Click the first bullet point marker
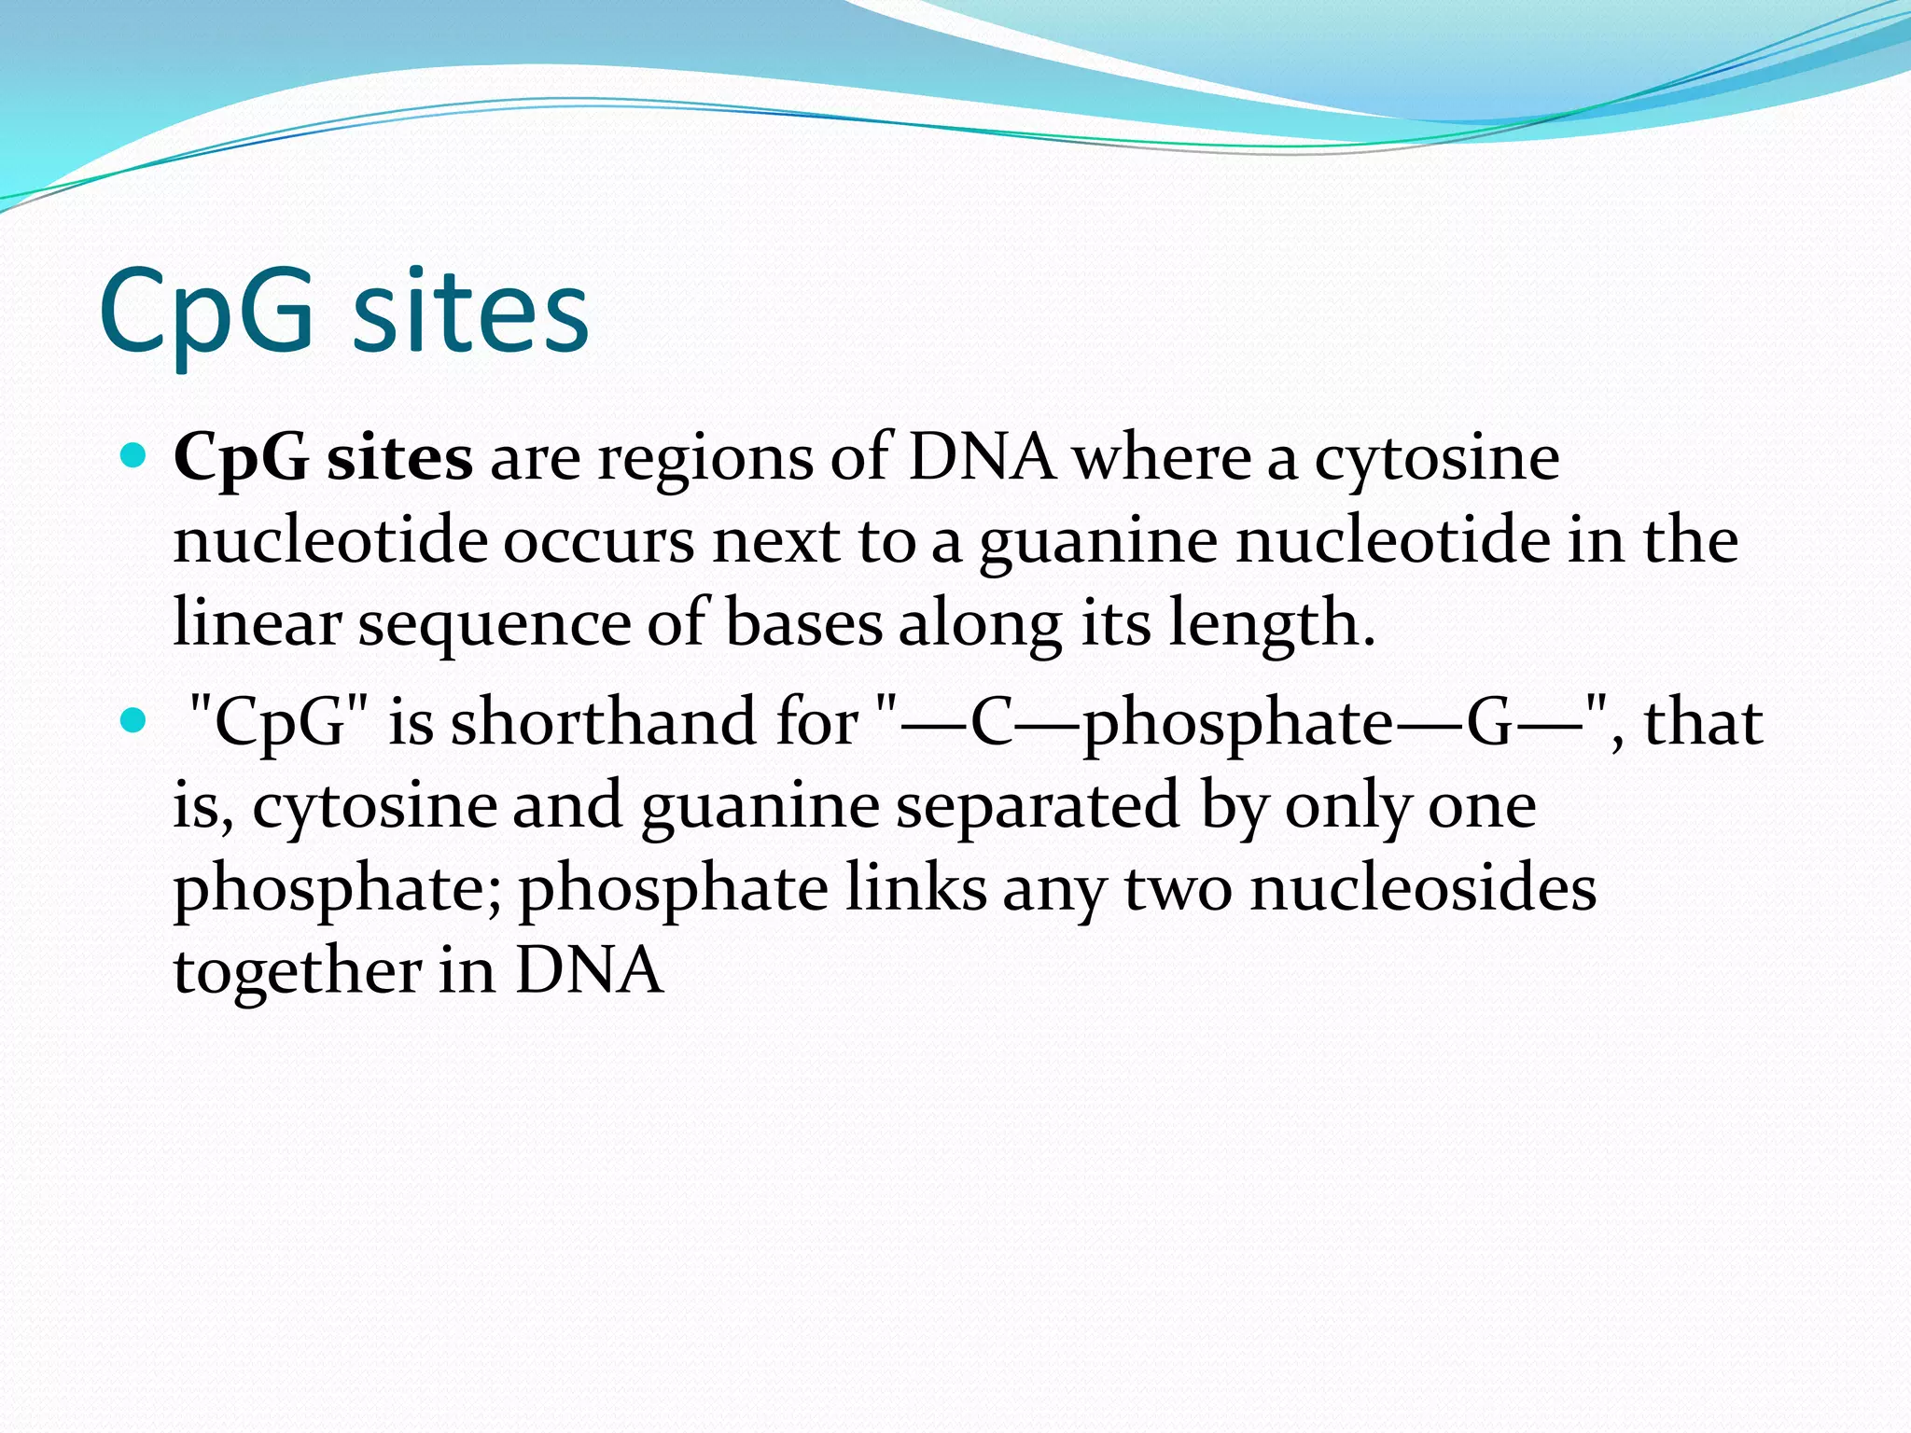(134, 455)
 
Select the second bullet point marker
(134, 720)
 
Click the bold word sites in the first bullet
(399, 458)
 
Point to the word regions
(705, 460)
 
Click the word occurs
(599, 542)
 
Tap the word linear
(258, 623)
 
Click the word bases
(803, 623)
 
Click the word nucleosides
(1423, 888)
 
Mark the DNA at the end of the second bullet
(589, 970)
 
